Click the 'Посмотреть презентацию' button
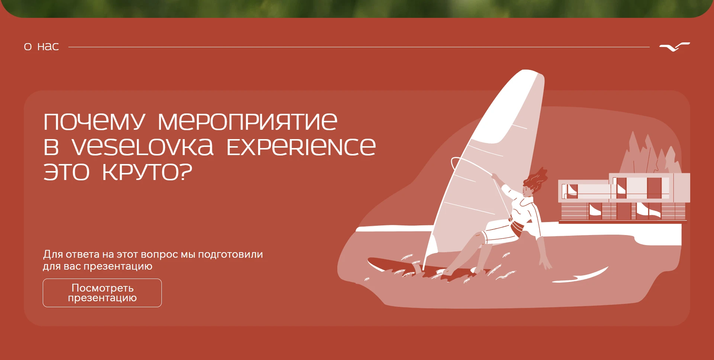point(102,293)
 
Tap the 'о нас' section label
point(41,46)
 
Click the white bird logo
point(675,47)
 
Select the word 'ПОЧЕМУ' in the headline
point(94,121)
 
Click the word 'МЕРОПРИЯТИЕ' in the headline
point(248,121)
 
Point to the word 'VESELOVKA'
point(143,147)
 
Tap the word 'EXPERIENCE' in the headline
point(301,147)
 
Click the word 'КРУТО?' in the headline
point(147,172)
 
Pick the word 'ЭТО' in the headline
point(67,172)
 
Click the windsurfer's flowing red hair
point(536,180)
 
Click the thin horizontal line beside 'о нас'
point(359,47)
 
